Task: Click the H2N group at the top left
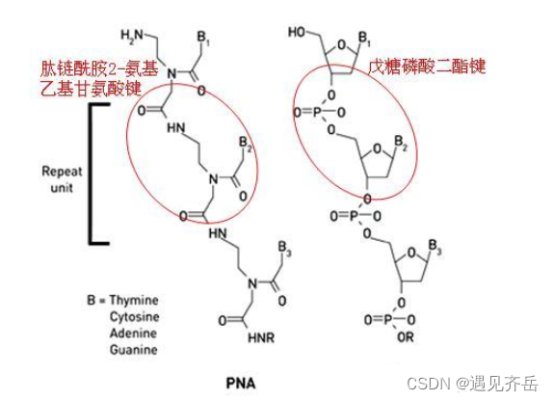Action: tap(132, 37)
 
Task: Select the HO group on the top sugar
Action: tap(297, 32)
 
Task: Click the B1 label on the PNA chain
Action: tap(204, 39)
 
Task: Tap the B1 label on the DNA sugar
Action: tap(364, 39)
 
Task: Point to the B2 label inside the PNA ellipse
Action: tap(246, 144)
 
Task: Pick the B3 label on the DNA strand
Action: tap(434, 247)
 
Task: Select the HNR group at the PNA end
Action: tap(261, 337)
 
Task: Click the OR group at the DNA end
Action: tap(406, 337)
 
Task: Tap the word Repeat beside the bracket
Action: tap(62, 172)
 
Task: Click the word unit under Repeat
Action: tap(62, 187)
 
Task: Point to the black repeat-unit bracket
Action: tap(91, 174)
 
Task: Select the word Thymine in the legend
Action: tap(134, 300)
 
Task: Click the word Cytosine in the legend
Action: tap(134, 316)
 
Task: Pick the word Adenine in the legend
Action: tap(133, 333)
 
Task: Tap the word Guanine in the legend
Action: tap(134, 350)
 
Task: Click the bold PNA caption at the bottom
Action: tap(241, 384)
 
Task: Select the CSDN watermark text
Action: tap(473, 383)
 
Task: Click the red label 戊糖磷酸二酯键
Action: tap(428, 66)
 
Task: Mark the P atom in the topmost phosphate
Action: tap(317, 113)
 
